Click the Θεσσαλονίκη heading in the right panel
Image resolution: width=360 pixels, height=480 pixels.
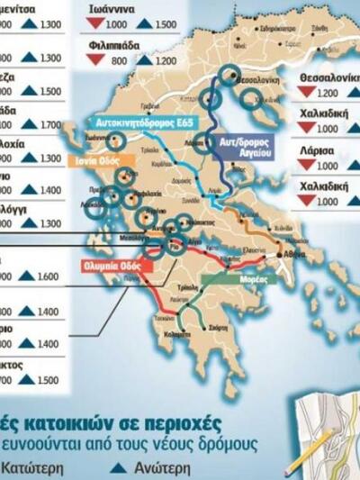[328, 77]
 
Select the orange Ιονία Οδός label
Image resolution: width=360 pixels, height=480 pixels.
[93, 162]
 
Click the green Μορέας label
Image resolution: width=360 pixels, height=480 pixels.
[220, 280]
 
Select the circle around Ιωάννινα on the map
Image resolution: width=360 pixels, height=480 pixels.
[115, 141]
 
